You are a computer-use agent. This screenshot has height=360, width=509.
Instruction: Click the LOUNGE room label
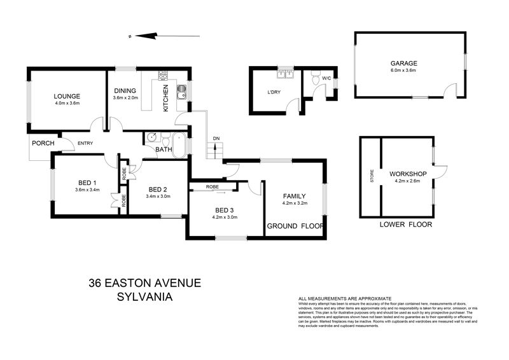pos(66,95)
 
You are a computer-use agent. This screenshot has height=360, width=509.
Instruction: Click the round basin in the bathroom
pos(153,138)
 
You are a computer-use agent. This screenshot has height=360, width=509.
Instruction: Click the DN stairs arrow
pos(216,150)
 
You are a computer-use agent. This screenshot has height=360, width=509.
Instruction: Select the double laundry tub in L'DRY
pos(286,76)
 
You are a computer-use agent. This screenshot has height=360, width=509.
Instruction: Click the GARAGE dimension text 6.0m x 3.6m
pos(403,71)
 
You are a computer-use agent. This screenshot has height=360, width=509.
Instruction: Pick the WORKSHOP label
pos(408,174)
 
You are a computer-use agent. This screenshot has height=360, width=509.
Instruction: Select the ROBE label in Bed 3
pos(212,187)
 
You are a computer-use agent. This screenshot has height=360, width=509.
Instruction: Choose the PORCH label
pos(44,143)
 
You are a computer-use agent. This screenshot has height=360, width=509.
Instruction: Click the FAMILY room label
pos(295,196)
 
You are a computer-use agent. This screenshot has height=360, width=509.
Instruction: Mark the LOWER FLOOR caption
pos(405,225)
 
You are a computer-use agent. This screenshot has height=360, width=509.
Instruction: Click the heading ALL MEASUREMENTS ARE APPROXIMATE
pos(344,298)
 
